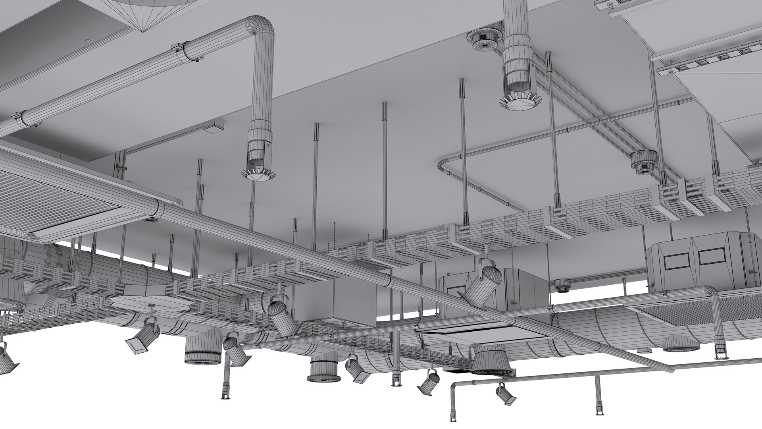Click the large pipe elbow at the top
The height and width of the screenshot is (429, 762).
260,30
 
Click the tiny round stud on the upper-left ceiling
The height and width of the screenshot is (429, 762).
88,39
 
